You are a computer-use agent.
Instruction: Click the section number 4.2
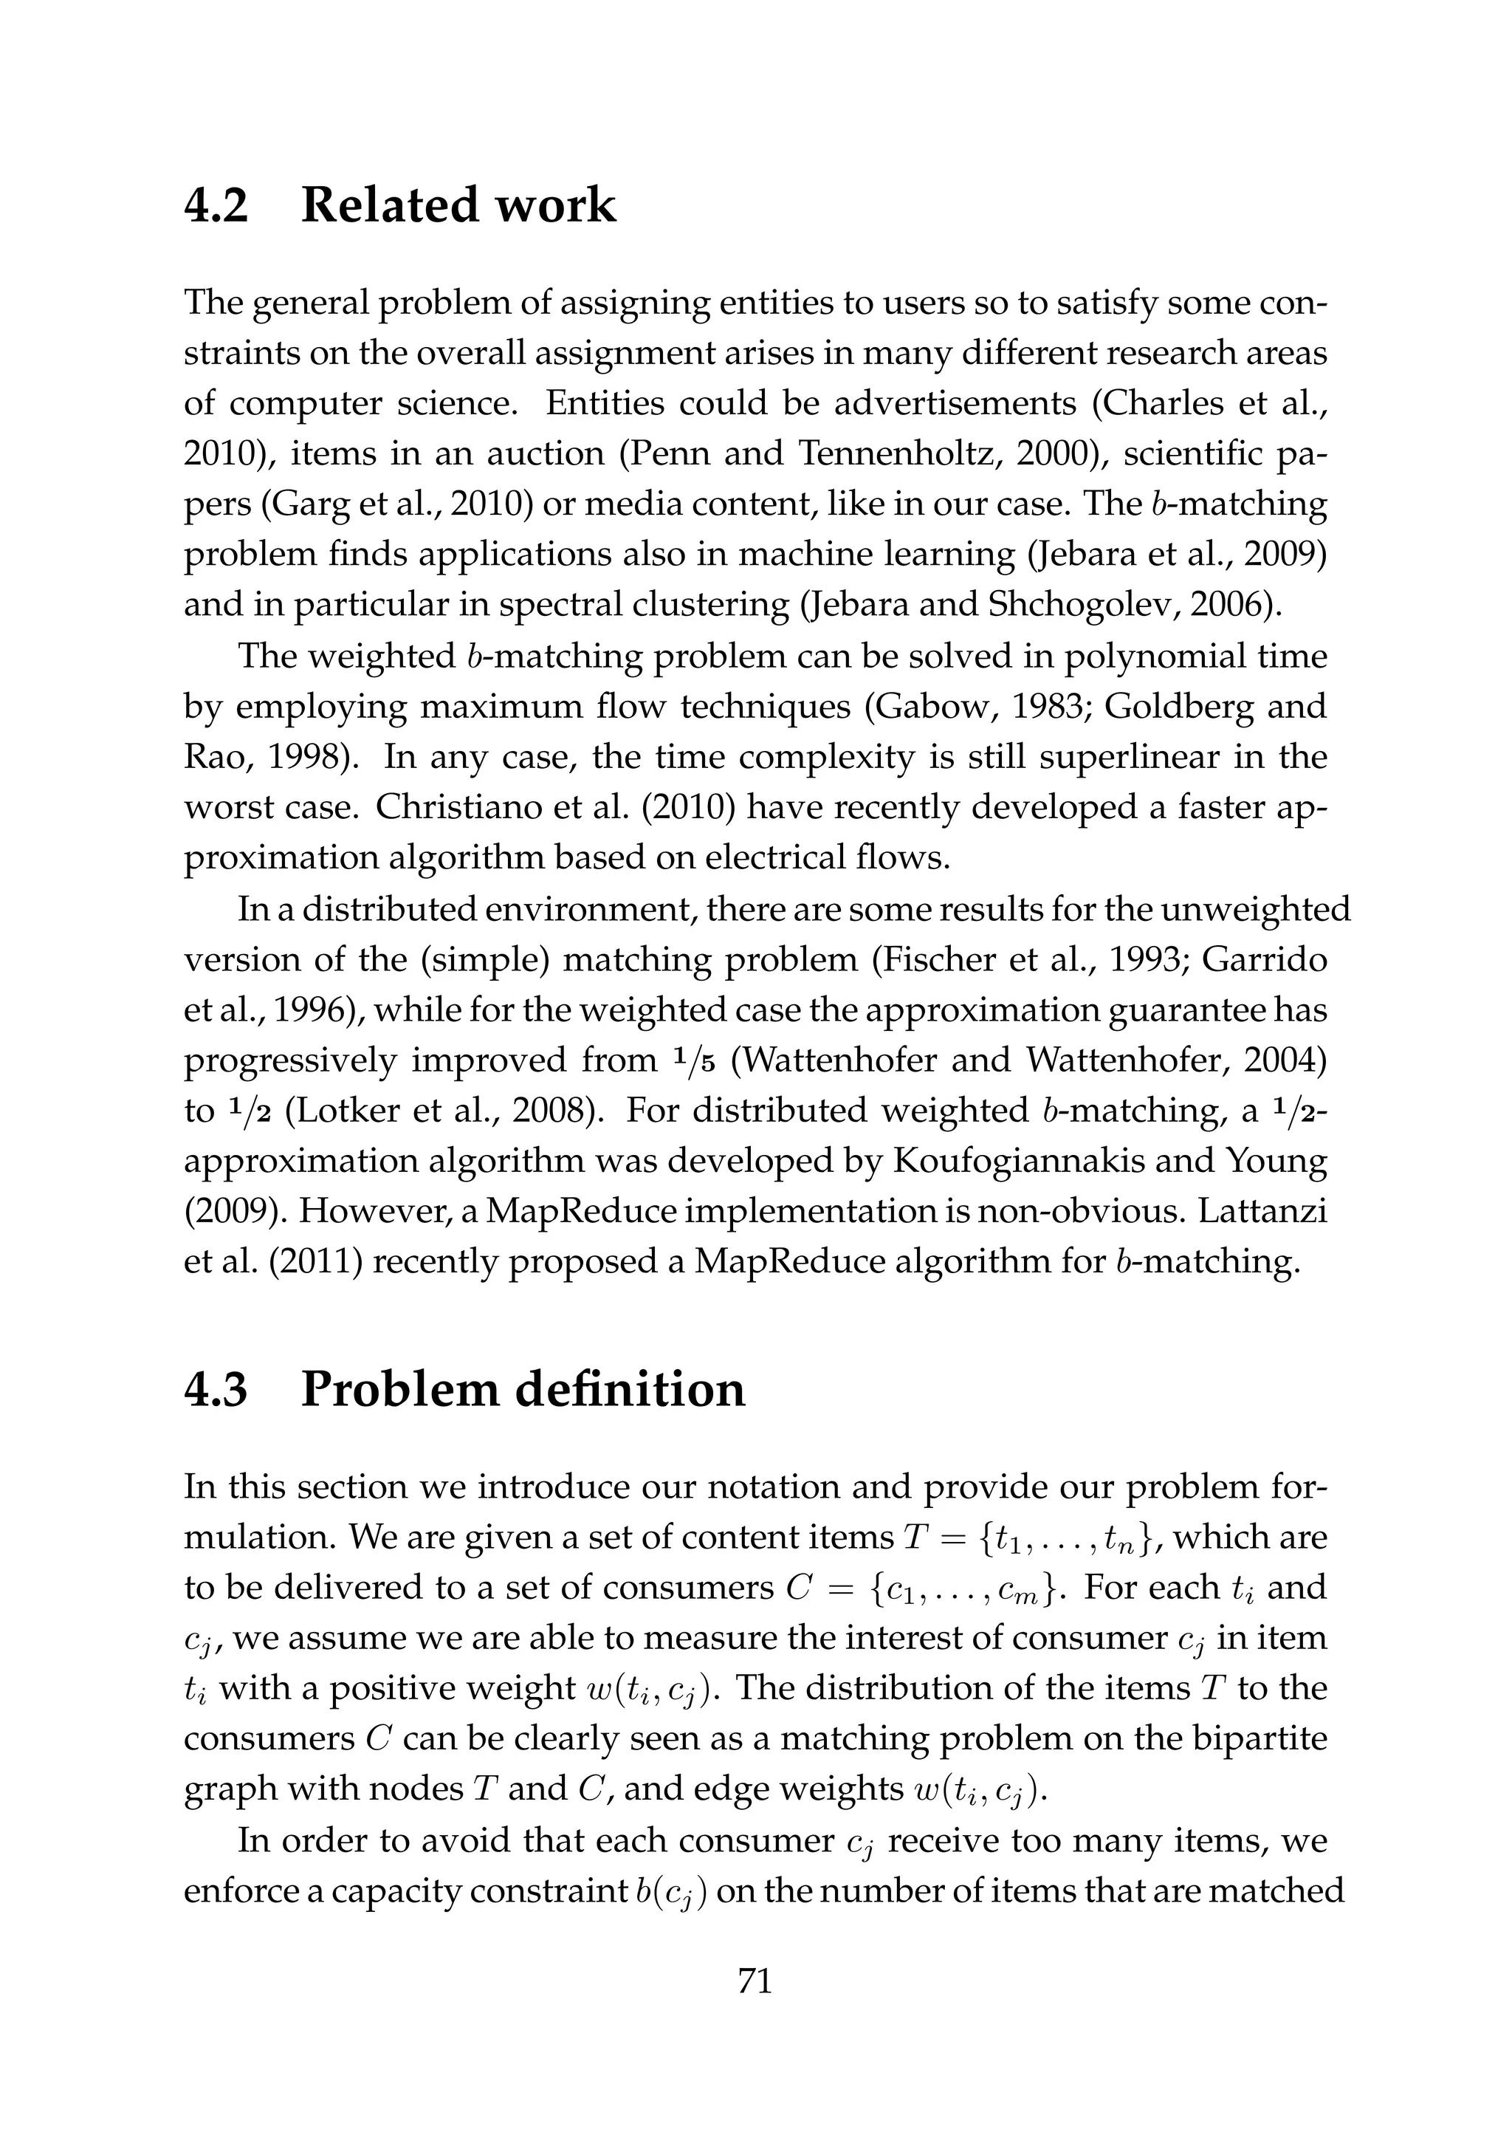(x=217, y=205)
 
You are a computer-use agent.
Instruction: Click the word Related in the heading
(x=387, y=205)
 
